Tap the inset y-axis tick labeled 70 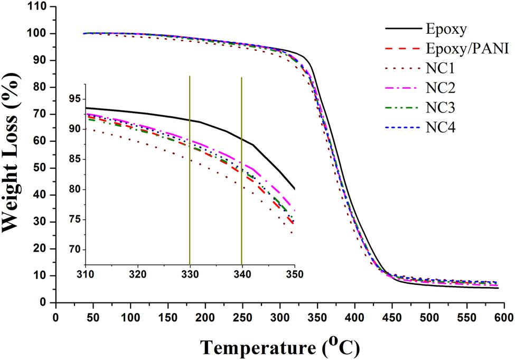(72, 250)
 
